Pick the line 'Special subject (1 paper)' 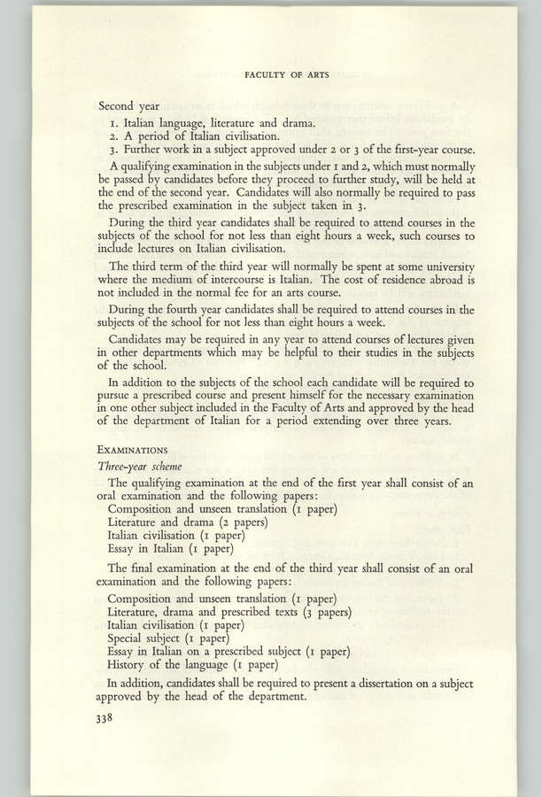pyautogui.click(x=168, y=637)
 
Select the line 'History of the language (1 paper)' pyautogui.click(x=192, y=665)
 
